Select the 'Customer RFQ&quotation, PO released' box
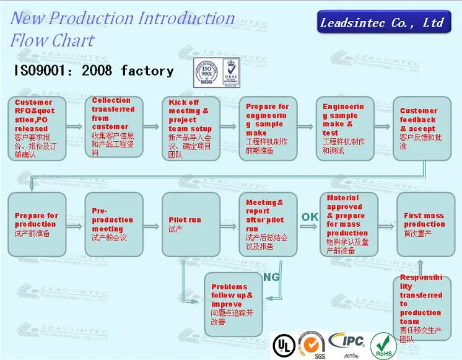pos(37,128)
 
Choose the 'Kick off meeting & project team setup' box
pos(190,128)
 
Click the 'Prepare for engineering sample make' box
pos(268,128)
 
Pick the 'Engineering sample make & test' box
pos(344,128)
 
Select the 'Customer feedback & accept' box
pos(421,128)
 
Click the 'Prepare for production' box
pos(37,224)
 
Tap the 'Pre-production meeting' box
pos(113,224)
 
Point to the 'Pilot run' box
pos(190,224)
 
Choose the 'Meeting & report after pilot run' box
pos(268,224)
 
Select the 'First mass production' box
pos(425,224)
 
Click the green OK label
pos(310,217)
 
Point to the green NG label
pos(271,277)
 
